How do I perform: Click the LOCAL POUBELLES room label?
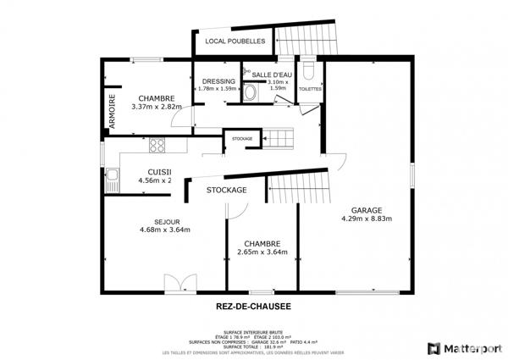[x=235, y=41]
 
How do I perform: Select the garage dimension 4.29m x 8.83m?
[x=367, y=219]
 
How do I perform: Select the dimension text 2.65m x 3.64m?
[x=262, y=252]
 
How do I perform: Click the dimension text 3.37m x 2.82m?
[x=156, y=108]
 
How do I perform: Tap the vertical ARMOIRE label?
[x=111, y=112]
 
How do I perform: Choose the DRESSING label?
[x=218, y=81]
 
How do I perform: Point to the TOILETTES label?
[x=310, y=88]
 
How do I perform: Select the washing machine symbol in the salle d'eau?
[x=251, y=93]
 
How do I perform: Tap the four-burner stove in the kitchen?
[x=157, y=145]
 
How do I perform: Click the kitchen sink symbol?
[x=111, y=177]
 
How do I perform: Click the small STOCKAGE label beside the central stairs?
[x=242, y=138]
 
